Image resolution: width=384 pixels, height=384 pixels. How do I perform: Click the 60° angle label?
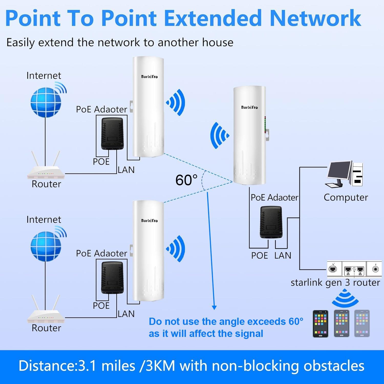pos(186,180)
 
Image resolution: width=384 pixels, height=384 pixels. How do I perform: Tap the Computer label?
pos(346,197)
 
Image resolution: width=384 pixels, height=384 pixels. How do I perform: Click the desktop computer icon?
pos(344,174)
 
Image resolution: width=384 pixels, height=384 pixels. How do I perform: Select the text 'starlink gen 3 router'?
pos(335,282)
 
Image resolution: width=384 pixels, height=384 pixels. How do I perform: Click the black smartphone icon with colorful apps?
pos(321,324)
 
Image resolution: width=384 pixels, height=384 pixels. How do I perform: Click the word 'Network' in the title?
pos(315,18)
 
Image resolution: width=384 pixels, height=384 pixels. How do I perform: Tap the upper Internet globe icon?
pos(46,102)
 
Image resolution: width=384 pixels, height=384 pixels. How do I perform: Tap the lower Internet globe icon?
pos(46,246)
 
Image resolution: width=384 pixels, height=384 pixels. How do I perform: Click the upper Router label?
pos(46,184)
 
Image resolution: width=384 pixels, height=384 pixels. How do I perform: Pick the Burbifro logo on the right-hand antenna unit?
pos(249,107)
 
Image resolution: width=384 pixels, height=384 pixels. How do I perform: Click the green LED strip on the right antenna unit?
pos(265,125)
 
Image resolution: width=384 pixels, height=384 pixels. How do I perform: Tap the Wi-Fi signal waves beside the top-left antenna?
pos(176,102)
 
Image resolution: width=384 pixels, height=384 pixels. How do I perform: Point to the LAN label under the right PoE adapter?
pos(283,255)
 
